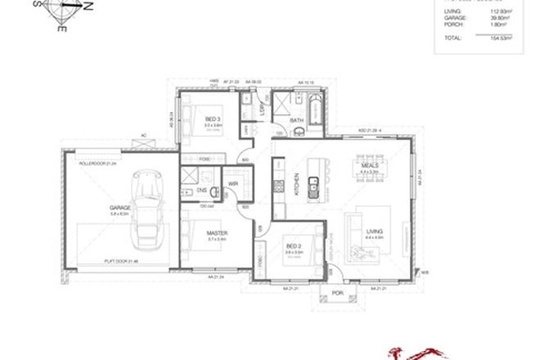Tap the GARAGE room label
(120, 209)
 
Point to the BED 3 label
(214, 120)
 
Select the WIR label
(232, 183)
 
